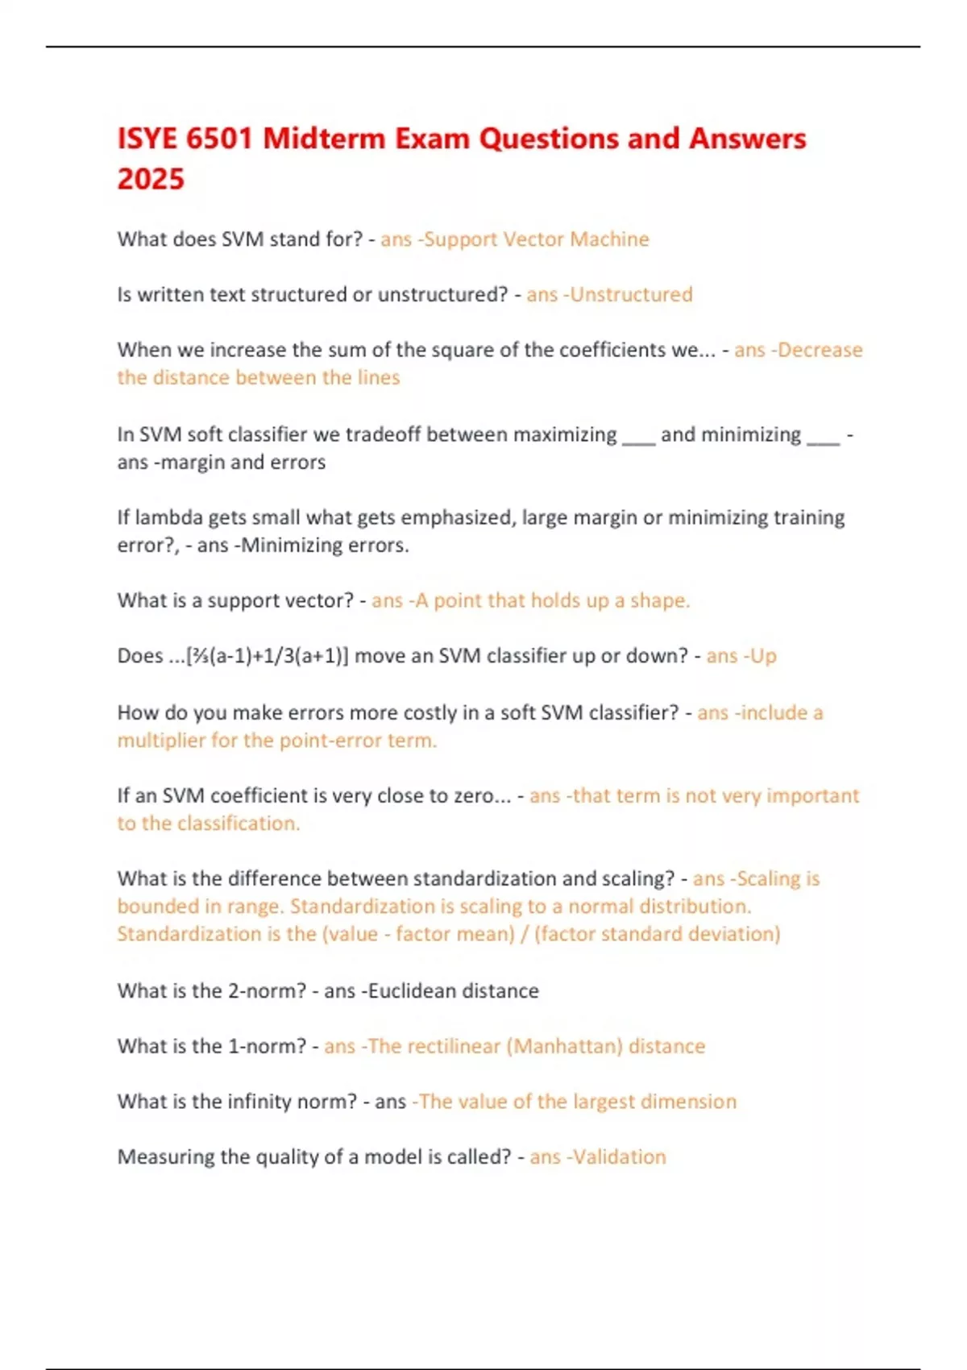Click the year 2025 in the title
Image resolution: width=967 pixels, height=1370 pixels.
[151, 179]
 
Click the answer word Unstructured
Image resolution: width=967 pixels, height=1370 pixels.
[632, 295]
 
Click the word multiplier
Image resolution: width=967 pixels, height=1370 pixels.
[161, 741]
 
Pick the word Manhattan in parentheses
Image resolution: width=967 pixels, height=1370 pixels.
[568, 1046]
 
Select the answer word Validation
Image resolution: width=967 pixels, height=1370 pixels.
[620, 1157]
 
